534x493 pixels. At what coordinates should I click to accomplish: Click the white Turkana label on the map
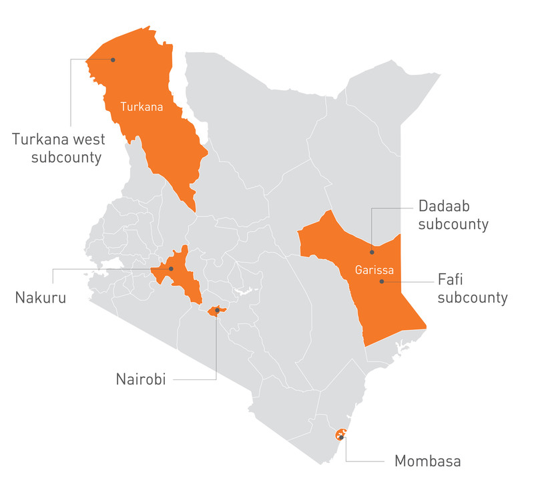coord(142,106)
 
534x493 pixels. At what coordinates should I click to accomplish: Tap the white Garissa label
coord(374,271)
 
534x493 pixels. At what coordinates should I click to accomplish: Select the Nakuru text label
coord(41,297)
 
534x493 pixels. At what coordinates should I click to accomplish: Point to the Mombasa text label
coord(428,461)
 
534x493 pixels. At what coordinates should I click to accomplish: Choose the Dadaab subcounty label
coord(453,215)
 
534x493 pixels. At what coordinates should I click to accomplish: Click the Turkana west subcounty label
coord(57,148)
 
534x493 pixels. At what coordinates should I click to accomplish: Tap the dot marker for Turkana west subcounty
coord(113,59)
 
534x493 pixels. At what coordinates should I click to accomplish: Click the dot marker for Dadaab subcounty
coord(372,253)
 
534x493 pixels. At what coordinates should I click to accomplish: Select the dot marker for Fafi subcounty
coord(382,281)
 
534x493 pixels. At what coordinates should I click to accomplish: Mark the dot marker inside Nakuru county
coord(172,269)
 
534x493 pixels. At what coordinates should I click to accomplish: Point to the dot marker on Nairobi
coord(217,310)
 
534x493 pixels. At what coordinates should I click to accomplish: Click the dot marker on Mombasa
coord(341,437)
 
